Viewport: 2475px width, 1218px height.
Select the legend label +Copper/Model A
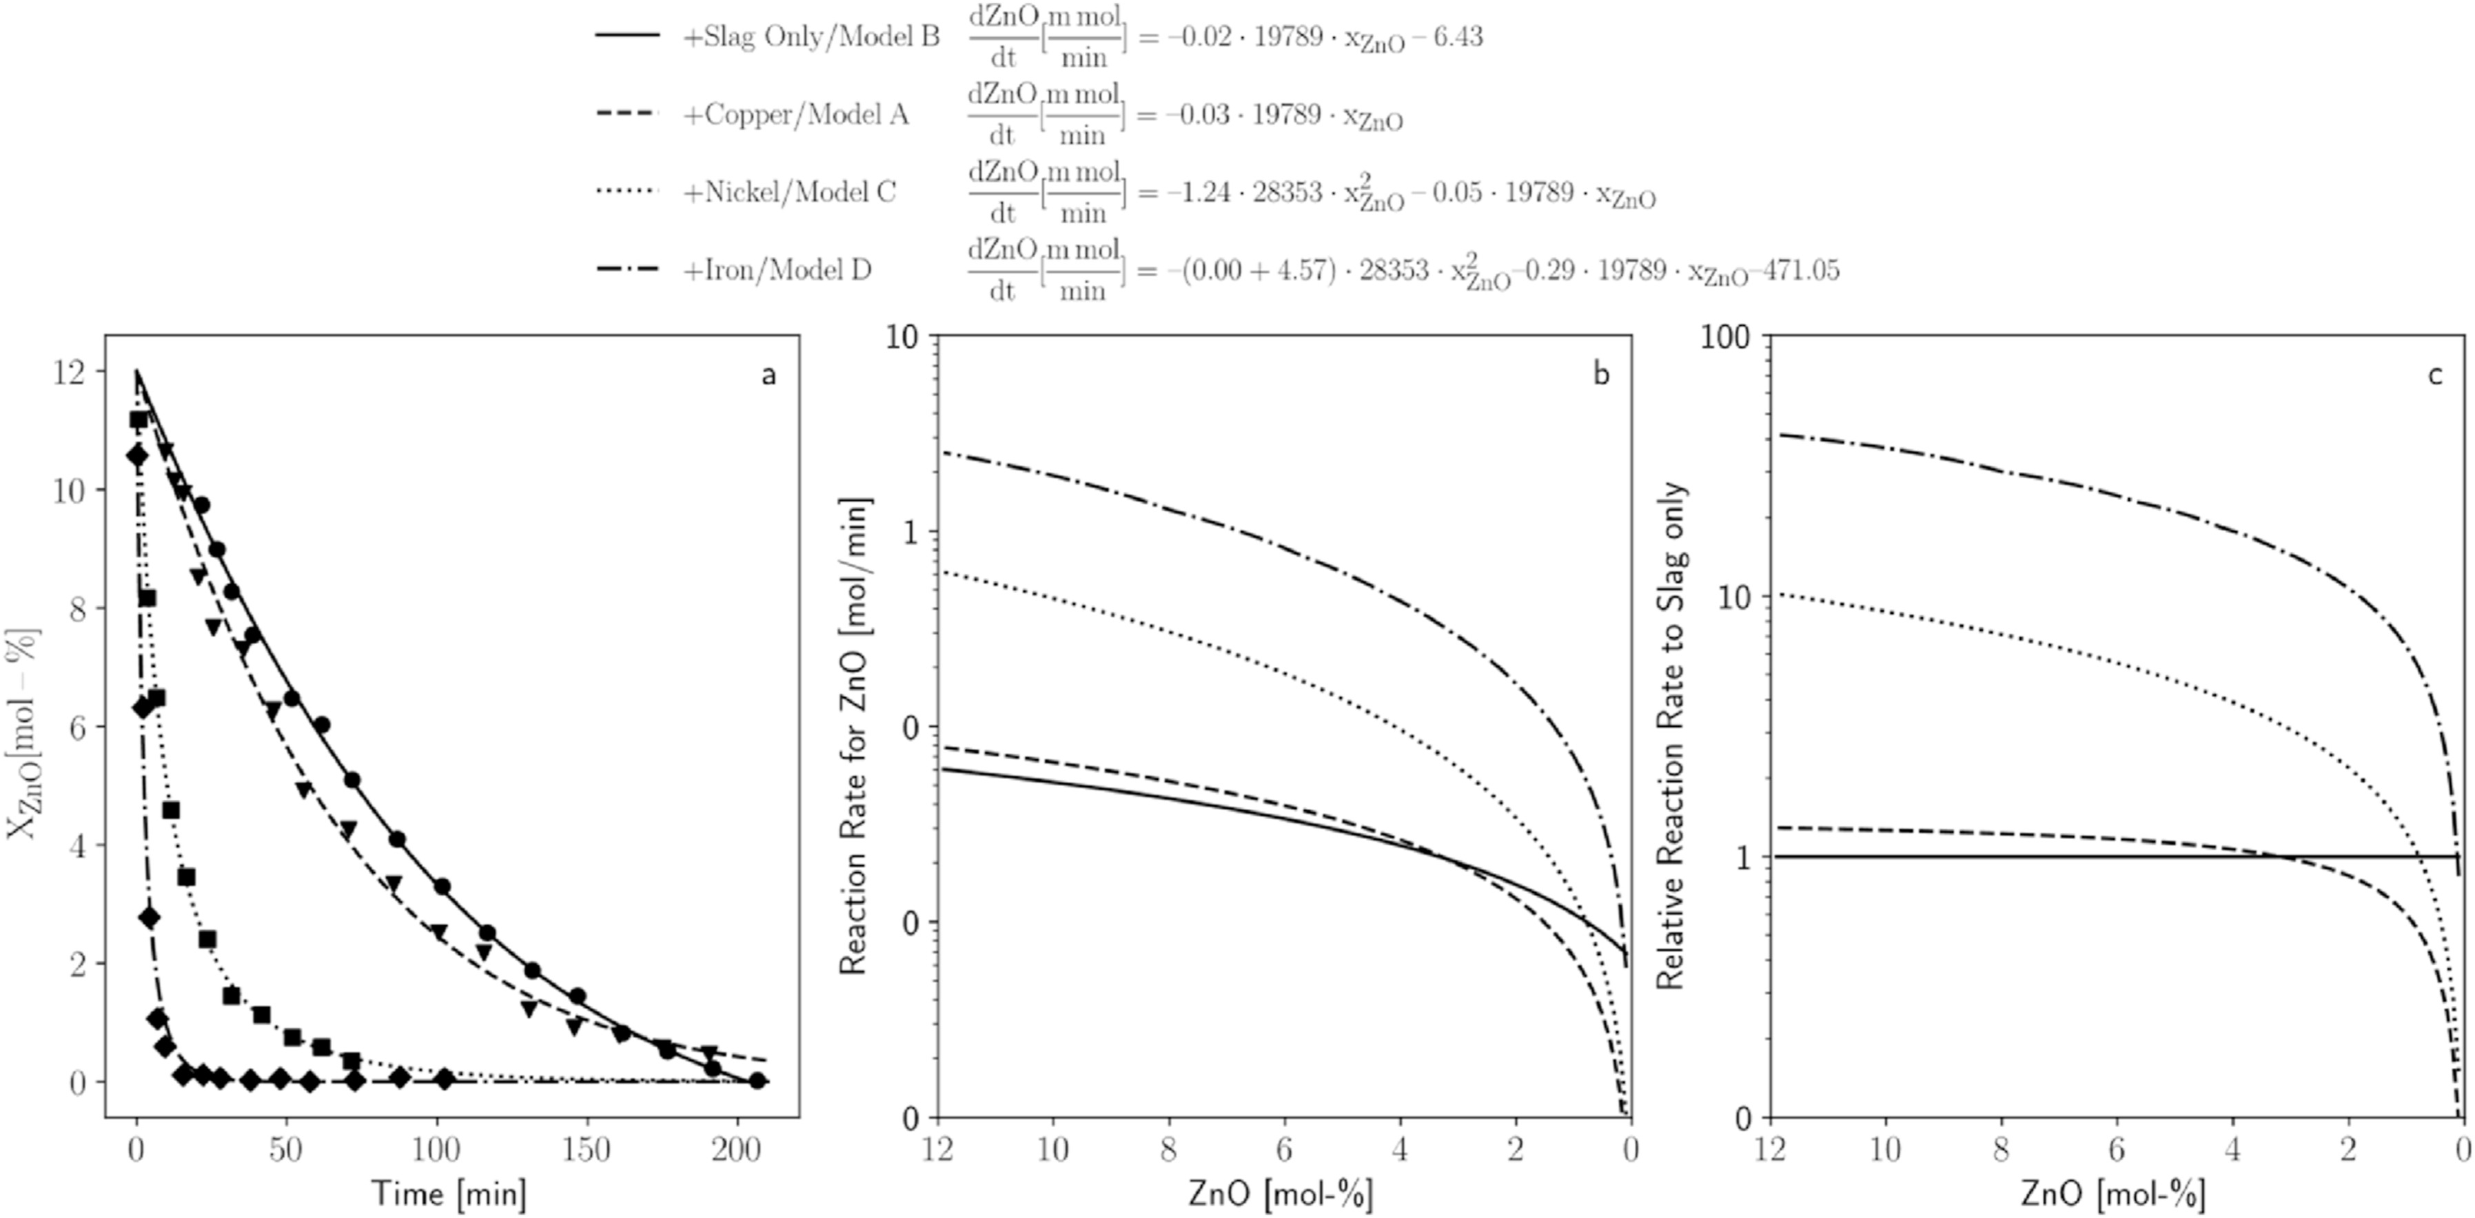click(x=795, y=115)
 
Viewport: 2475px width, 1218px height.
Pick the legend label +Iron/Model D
click(x=776, y=271)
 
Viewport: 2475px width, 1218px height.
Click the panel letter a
click(x=768, y=375)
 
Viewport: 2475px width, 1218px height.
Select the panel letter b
click(x=1600, y=375)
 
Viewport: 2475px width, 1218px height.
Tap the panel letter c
click(x=2434, y=375)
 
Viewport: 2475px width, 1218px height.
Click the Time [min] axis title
click(x=449, y=1194)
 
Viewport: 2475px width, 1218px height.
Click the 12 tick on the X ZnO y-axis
click(x=74, y=372)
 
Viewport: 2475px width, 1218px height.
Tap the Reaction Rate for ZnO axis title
click(x=853, y=736)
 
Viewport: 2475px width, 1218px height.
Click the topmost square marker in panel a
click(x=139, y=420)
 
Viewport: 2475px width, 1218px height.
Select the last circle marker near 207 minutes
click(x=757, y=1081)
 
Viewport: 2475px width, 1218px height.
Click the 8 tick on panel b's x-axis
click(x=1170, y=1150)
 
